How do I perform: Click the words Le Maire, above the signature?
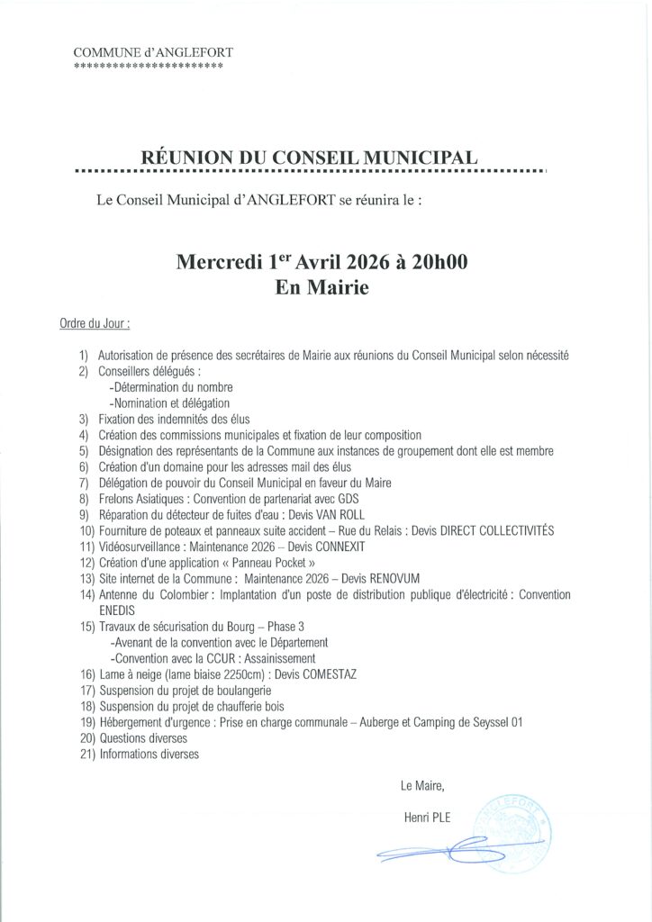[422, 786]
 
